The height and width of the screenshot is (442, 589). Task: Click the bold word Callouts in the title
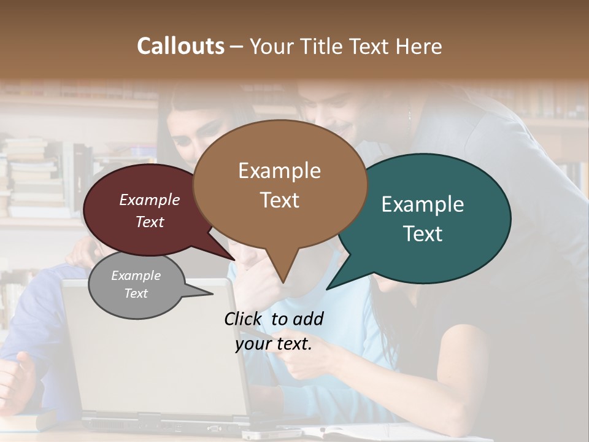click(180, 46)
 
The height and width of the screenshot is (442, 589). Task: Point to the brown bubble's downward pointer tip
click(283, 282)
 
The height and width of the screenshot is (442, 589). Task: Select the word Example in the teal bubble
click(423, 204)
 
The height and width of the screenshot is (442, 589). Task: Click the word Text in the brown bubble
click(280, 200)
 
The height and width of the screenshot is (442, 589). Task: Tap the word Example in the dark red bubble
click(150, 200)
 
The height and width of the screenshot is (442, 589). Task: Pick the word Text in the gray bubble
click(136, 293)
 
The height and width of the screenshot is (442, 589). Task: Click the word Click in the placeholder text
click(244, 319)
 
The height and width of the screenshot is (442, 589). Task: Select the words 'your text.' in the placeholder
click(274, 344)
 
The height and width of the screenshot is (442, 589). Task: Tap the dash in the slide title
click(237, 46)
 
